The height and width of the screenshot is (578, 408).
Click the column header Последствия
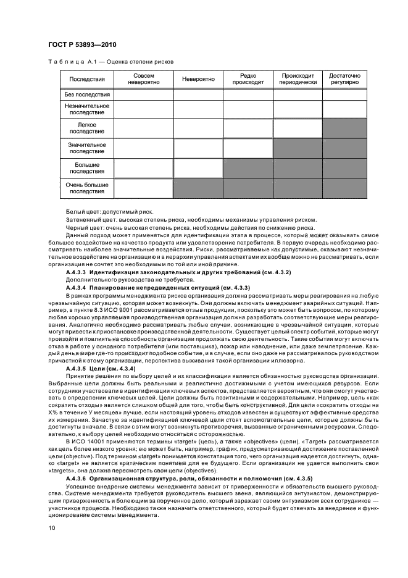pyautogui.click(x=87, y=79)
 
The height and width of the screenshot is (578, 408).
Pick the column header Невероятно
pyautogui.click(x=198, y=79)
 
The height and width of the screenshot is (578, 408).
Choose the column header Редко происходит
pyautogui.click(x=247, y=79)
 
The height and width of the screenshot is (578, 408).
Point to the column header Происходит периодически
pyautogui.click(x=297, y=79)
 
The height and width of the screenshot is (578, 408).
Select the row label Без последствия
pyautogui.click(x=87, y=94)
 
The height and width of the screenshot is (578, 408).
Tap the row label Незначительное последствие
pyautogui.click(x=87, y=109)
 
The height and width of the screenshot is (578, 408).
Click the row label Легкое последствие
pyautogui.click(x=87, y=128)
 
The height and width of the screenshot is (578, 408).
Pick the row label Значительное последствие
pyautogui.click(x=87, y=148)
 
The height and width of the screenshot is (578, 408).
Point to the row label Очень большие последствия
pyautogui.click(x=87, y=188)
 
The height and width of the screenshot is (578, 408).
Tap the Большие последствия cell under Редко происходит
pyautogui.click(x=247, y=169)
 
